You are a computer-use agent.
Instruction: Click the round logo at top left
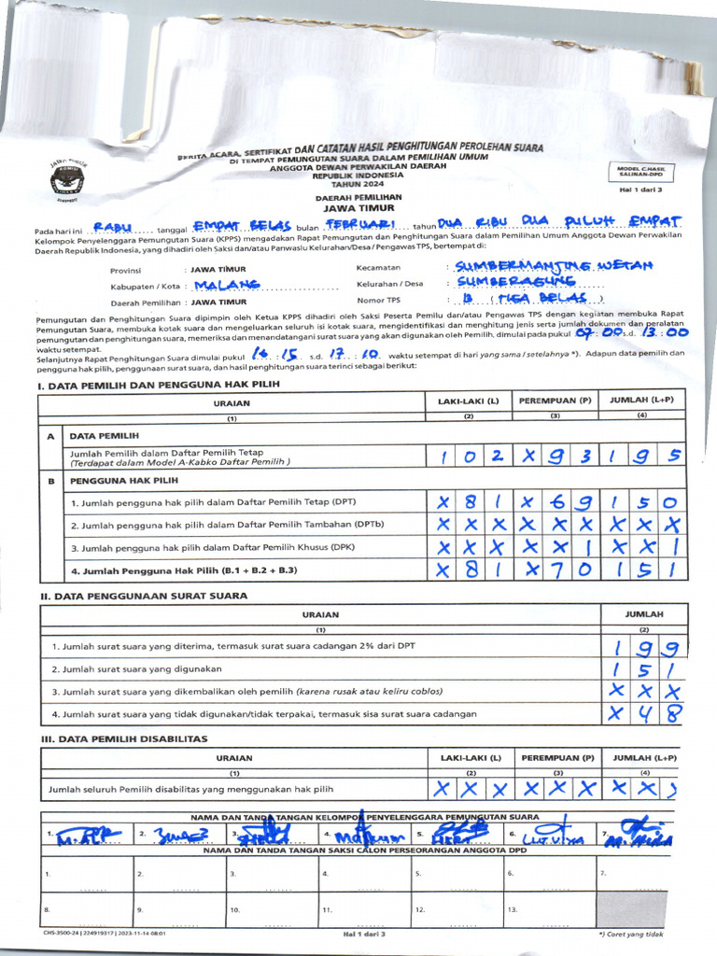[67, 176]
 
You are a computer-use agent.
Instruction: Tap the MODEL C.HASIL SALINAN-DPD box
[640, 172]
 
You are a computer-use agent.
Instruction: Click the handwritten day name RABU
[112, 227]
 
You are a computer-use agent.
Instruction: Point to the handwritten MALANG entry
[227, 285]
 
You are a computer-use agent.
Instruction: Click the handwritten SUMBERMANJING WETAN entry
[553, 267]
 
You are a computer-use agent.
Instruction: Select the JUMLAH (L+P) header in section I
[642, 401]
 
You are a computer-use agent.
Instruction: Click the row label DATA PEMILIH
[104, 435]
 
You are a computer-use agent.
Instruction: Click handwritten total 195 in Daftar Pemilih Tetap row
[642, 457]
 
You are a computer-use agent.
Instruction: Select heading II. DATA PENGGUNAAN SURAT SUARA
[143, 595]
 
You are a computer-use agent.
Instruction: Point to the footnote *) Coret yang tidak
[631, 934]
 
